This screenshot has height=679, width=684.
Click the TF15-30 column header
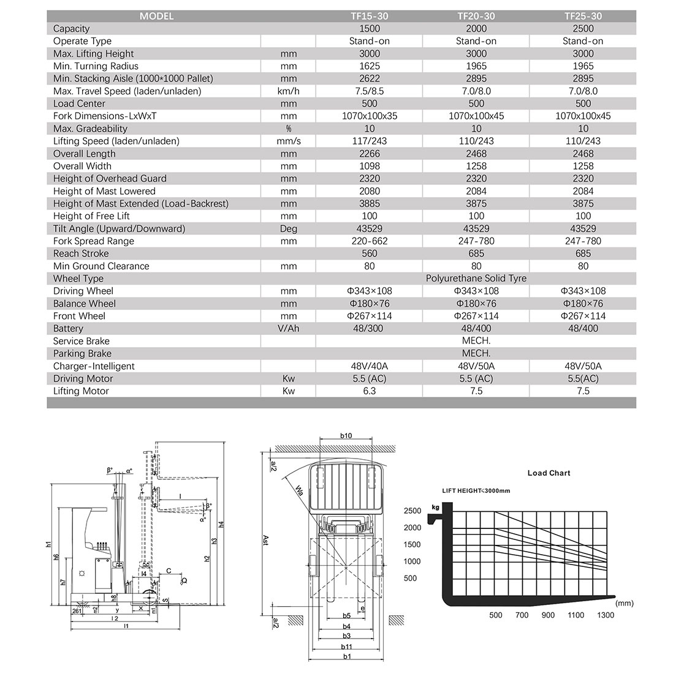(370, 17)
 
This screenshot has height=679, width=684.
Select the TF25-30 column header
(583, 17)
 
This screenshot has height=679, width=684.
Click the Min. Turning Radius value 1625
(370, 66)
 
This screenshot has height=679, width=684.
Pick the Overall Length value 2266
(370, 154)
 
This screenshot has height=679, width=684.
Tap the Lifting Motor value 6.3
(370, 391)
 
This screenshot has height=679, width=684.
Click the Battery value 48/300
(370, 329)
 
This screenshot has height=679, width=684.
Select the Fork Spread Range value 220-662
(370, 241)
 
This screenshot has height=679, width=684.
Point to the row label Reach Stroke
(81, 253)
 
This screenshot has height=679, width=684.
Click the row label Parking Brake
(82, 354)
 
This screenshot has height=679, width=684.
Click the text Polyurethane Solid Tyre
(476, 279)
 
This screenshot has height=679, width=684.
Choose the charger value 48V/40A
(370, 366)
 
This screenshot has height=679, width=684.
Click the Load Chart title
(549, 473)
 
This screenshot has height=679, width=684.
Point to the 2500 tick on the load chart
(412, 511)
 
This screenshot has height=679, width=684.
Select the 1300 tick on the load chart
(605, 615)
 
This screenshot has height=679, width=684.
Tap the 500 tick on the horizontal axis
(495, 615)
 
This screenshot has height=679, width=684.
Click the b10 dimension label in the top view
(346, 436)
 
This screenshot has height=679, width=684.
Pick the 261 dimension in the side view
(77, 611)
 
